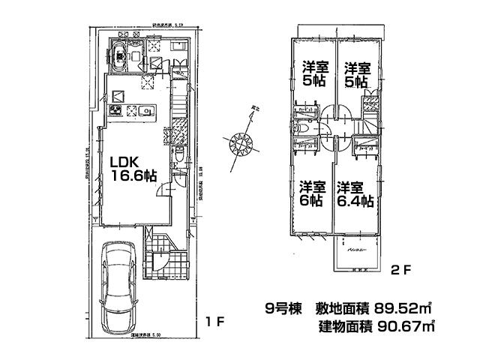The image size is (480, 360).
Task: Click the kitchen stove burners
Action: pyautogui.click(x=118, y=112)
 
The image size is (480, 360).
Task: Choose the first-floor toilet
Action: pyautogui.click(x=181, y=156)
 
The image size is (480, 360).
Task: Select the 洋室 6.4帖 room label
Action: pyautogui.click(x=354, y=194)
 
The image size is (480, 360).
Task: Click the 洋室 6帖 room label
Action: pyautogui.click(x=310, y=194)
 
